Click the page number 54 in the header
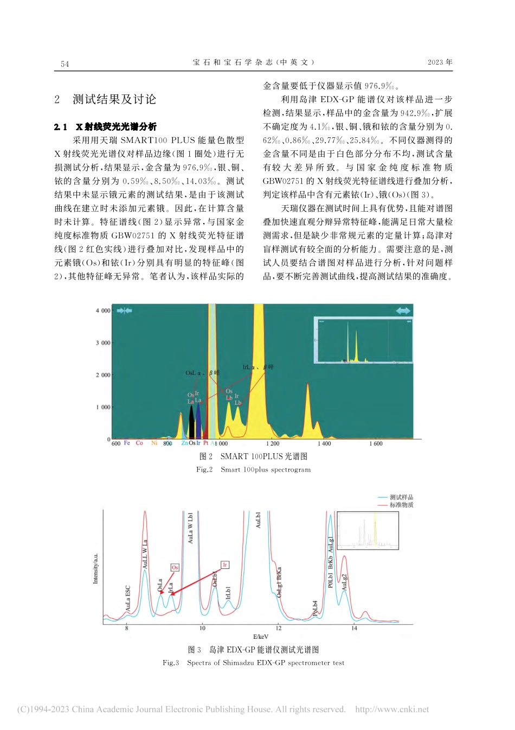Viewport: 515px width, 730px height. pyautogui.click(x=65, y=64)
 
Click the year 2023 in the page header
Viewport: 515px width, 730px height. pyautogui.click(x=435, y=62)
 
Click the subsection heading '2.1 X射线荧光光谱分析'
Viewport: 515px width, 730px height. pyautogui.click(x=105, y=127)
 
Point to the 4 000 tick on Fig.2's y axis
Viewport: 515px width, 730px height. pyautogui.click(x=103, y=311)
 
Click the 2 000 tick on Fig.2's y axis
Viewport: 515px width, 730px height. pyautogui.click(x=103, y=375)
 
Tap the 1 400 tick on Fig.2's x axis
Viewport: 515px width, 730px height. pyautogui.click(x=324, y=444)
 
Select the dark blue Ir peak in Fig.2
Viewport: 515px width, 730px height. pyautogui.click(x=198, y=421)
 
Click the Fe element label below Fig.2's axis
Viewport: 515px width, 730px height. pyautogui.click(x=127, y=443)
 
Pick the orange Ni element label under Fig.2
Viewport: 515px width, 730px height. pyautogui.click(x=154, y=443)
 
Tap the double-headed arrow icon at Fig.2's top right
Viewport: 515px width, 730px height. pyautogui.click(x=403, y=310)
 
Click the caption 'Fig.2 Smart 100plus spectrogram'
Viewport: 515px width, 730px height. pyautogui.click(x=253, y=470)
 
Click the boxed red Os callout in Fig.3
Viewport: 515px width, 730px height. pyautogui.click(x=175, y=567)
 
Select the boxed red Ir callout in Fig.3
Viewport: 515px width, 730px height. pyautogui.click(x=224, y=565)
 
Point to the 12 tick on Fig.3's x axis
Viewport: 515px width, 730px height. pyautogui.click(x=278, y=629)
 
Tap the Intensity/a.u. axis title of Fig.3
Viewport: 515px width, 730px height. pyautogui.click(x=96, y=569)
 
